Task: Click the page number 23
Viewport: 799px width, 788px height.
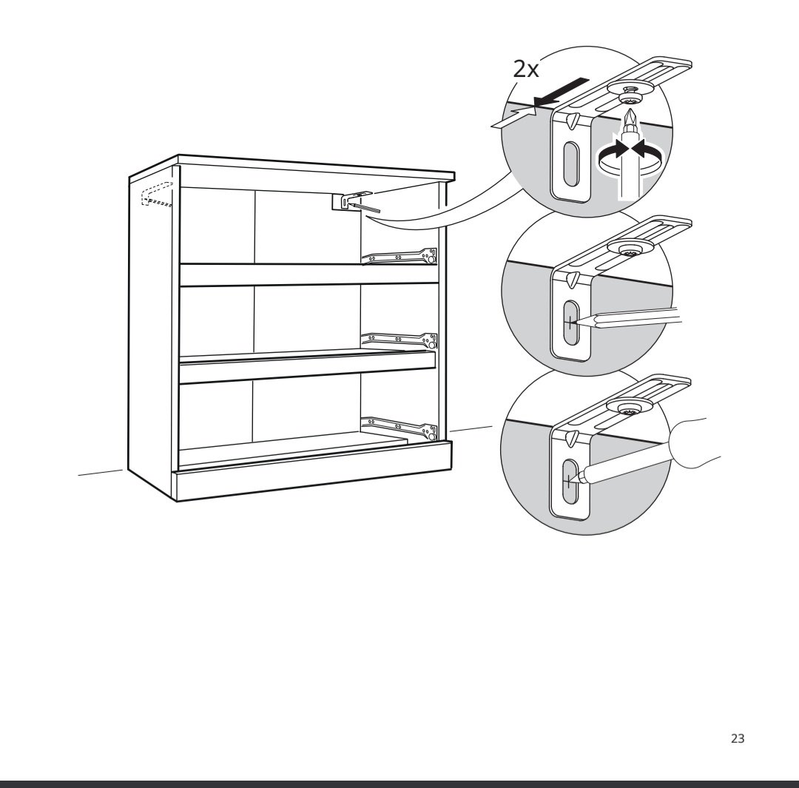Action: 738,738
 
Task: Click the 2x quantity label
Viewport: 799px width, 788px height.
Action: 525,70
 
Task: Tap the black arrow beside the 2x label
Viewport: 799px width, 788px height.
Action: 559,93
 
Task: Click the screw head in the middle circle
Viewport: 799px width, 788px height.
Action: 630,248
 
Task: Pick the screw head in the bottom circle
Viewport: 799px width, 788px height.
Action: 630,407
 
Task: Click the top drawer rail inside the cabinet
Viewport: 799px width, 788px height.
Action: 399,257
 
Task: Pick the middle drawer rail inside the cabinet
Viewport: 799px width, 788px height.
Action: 399,340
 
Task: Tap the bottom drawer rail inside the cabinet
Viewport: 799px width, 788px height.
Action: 399,427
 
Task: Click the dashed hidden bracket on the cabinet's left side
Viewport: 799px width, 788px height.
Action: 157,195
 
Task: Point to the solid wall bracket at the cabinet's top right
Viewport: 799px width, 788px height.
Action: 351,201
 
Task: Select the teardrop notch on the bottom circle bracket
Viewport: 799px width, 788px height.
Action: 570,438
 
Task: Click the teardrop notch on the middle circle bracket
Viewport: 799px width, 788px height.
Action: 571,280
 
